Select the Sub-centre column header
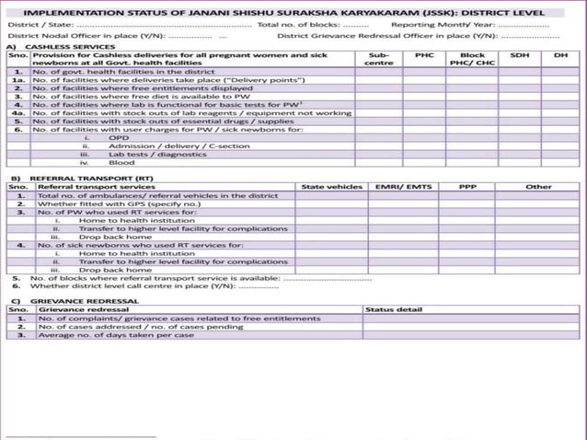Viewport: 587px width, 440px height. tap(378, 59)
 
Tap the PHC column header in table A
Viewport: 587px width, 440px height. tap(424, 55)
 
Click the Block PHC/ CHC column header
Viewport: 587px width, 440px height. tap(472, 59)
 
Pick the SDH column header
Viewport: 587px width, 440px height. tap(520, 55)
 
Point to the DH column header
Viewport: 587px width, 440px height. tap(560, 55)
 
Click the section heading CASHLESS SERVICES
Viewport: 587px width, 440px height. tap(65, 46)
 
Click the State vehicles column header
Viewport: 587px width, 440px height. tap(332, 187)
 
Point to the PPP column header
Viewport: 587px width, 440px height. tap(467, 187)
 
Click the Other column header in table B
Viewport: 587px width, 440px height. tap(538, 187)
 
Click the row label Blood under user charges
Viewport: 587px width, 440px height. tap(121, 163)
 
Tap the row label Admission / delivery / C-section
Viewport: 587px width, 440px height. tap(166, 146)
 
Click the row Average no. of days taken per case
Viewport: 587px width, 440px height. tap(116, 335)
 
